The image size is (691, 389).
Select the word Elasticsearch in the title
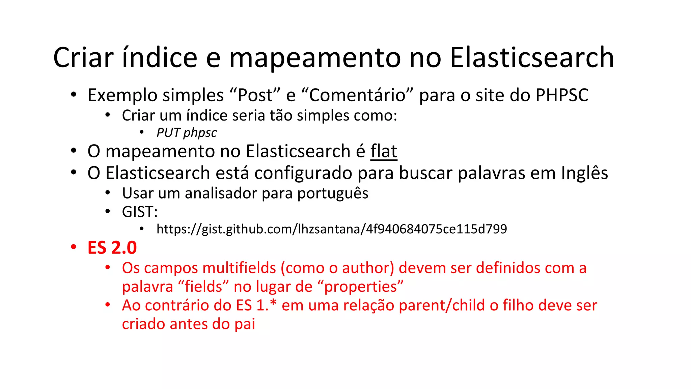click(x=532, y=58)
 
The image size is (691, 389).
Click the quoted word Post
click(x=255, y=95)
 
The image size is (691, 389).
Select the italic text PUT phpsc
click(x=187, y=133)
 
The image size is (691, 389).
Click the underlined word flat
click(x=384, y=151)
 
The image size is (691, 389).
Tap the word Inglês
click(x=584, y=173)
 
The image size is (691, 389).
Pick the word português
click(x=333, y=193)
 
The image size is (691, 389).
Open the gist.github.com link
click(x=332, y=229)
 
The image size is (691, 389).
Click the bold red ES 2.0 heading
click(x=112, y=248)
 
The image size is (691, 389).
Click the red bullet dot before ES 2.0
click(x=74, y=247)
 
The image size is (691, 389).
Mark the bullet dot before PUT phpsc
click(x=142, y=132)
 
